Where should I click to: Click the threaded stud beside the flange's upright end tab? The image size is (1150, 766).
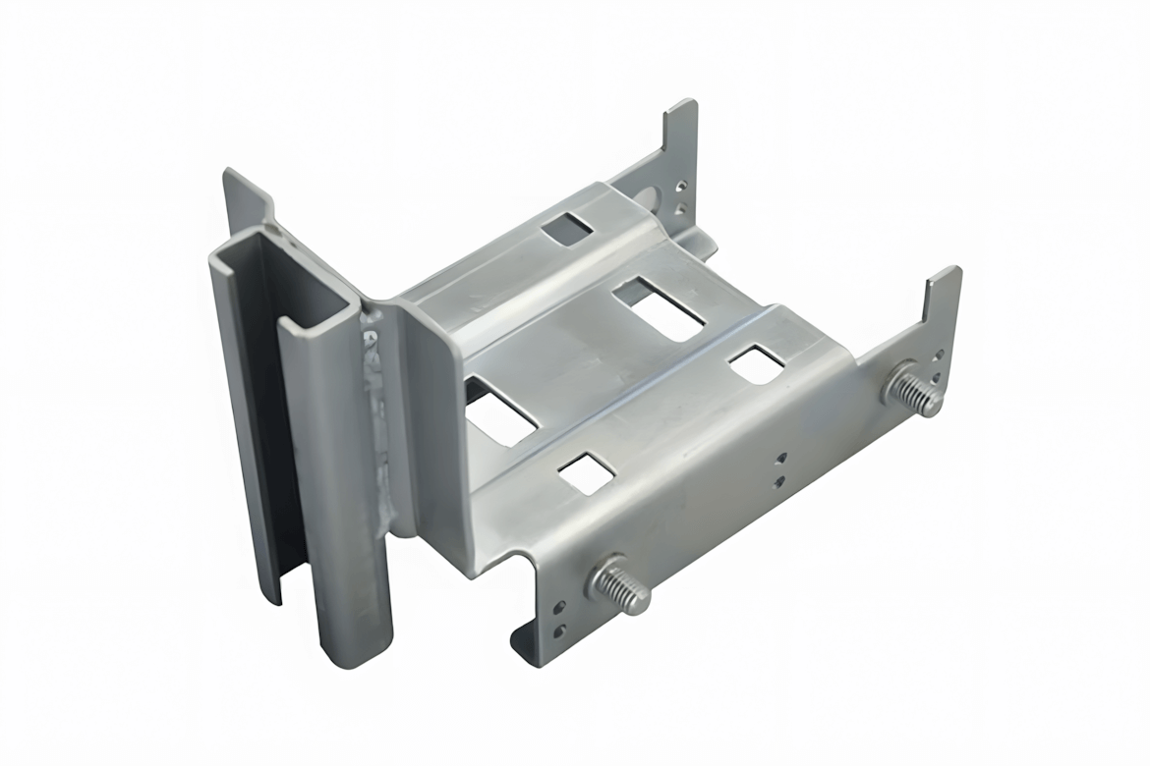(913, 391)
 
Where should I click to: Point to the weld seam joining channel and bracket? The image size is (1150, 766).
(379, 412)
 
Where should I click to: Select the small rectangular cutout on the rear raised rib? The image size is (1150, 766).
(567, 229)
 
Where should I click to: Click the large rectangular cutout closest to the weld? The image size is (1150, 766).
(500, 410)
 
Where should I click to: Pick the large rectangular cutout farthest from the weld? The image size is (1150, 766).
(658, 308)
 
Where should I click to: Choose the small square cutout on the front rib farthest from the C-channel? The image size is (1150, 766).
(757, 364)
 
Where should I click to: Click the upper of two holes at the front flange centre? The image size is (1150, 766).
(779, 458)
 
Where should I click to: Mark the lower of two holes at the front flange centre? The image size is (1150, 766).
(779, 480)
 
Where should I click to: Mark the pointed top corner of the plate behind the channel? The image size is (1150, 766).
(230, 174)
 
